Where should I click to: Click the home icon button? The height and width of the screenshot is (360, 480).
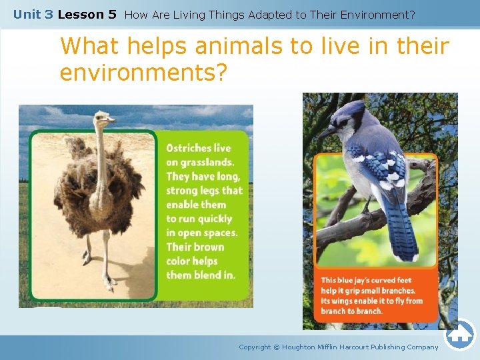(x=460, y=335)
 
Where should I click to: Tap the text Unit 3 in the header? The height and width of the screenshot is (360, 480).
(x=33, y=14)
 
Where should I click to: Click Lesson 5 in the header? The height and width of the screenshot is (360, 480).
(x=87, y=14)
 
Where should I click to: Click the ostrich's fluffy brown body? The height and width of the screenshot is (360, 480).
(x=100, y=183)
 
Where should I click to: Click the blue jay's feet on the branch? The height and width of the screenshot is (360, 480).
(x=366, y=213)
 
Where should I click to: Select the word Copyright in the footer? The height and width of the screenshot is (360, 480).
(x=255, y=347)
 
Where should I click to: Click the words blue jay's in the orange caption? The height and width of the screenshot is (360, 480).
(x=356, y=281)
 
